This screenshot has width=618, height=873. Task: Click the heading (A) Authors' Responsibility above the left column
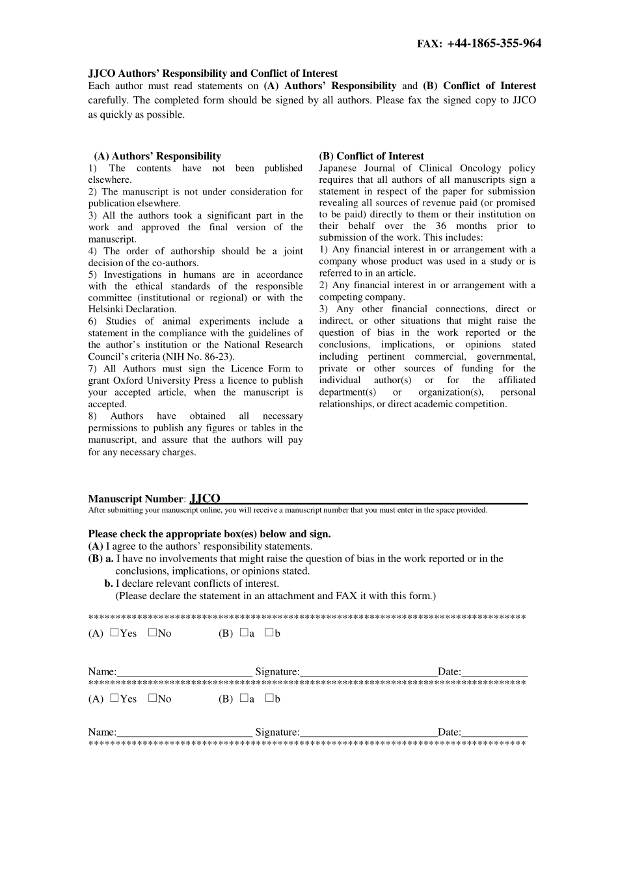157,156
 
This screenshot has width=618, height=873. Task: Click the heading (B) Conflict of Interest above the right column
371,156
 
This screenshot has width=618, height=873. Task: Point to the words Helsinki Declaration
132,310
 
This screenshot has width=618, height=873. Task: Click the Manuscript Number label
136,500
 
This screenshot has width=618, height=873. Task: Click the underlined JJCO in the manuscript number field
206,499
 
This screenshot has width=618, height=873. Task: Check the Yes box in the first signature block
114,632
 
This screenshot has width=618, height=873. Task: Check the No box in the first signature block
152,632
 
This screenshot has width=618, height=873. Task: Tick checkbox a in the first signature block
244,632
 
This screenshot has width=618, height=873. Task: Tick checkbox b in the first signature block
269,632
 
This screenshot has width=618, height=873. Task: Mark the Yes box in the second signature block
114,698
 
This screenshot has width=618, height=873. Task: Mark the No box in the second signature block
152,698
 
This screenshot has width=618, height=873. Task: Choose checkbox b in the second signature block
269,698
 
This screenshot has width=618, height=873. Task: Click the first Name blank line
185,673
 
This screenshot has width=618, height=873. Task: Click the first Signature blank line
368,673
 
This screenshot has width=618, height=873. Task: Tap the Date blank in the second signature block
494,732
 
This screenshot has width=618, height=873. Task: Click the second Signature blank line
368,732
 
